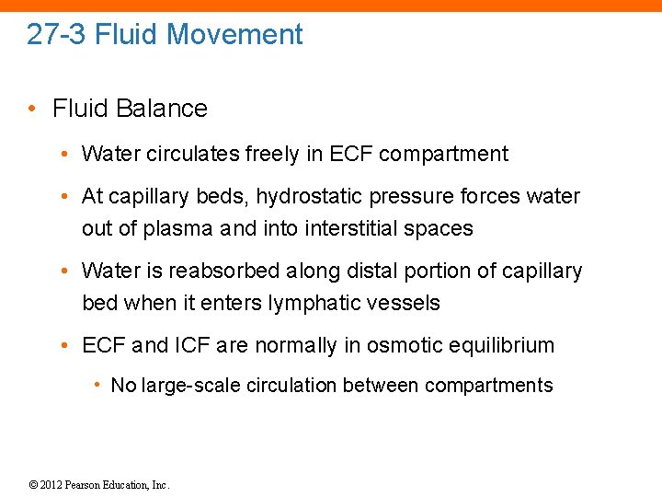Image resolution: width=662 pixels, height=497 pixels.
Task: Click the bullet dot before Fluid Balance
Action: coord(32,109)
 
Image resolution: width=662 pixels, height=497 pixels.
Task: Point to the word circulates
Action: coord(194,154)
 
